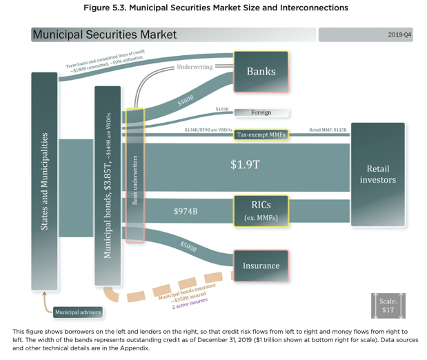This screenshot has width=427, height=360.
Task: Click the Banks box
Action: click(261, 71)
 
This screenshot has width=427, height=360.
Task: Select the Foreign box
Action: click(261, 112)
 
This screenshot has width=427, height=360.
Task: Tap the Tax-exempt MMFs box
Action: click(261, 134)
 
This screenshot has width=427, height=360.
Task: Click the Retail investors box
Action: click(377, 174)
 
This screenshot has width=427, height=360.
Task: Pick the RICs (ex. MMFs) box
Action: click(261, 210)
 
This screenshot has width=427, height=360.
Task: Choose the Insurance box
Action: click(261, 266)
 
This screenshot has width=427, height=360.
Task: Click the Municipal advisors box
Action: click(78, 312)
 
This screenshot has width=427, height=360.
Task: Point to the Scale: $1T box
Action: click(388, 306)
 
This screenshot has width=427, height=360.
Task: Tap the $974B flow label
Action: click(186, 211)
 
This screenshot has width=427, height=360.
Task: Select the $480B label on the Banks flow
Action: click(186, 101)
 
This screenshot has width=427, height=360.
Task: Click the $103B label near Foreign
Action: click(221, 109)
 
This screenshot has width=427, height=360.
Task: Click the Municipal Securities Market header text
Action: click(105, 34)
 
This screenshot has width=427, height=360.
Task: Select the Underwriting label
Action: click(195, 67)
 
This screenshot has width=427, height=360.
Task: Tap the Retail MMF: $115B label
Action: click(328, 130)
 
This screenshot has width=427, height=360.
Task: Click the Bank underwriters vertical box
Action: click(135, 175)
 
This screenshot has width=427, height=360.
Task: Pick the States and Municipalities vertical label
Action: click(44, 181)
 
